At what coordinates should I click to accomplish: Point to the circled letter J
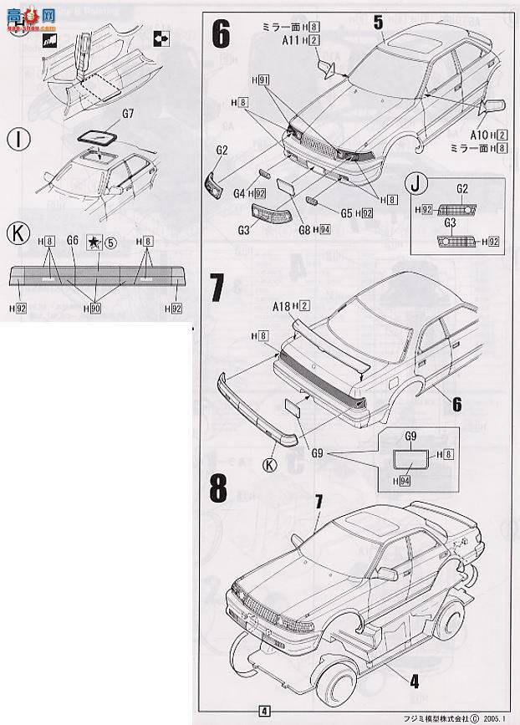pos(413,183)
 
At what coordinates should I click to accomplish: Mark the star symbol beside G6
pos(94,241)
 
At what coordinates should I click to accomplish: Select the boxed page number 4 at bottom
pos(264,711)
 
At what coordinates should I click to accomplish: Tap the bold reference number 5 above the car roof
pos(378,23)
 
